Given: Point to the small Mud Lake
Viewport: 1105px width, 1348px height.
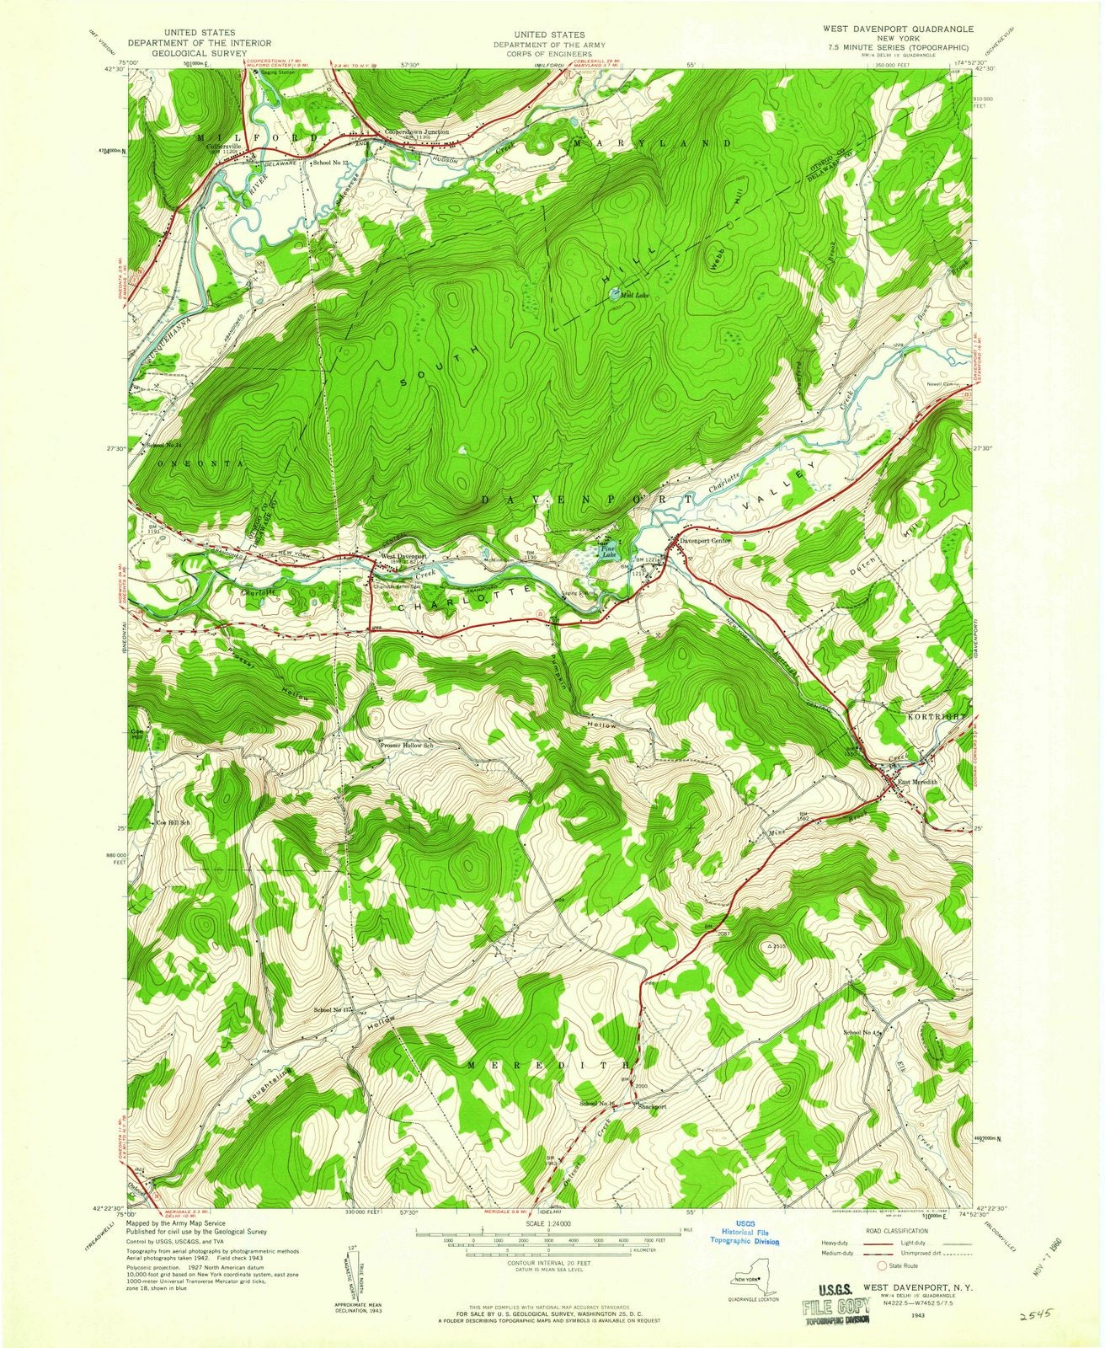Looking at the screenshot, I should (614, 295).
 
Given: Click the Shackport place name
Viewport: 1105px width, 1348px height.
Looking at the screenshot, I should (652, 1107).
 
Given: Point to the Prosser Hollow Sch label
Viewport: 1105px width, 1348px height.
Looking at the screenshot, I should (407, 746).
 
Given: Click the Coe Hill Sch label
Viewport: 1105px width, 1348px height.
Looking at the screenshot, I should (172, 822).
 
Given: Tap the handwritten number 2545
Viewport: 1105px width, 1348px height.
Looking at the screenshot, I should (1036, 1317).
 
